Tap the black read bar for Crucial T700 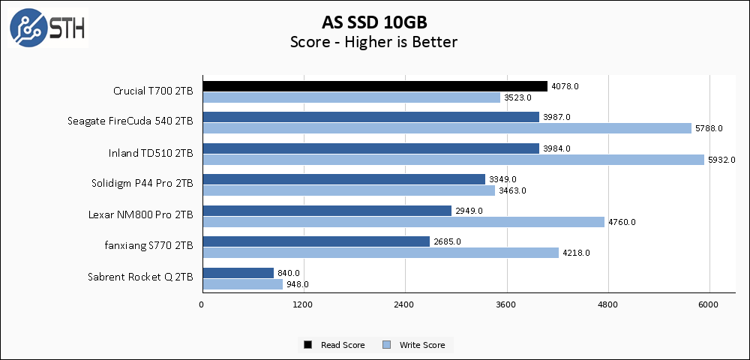pos(374,86)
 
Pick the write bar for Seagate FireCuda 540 pos(446,128)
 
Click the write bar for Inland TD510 pos(452,159)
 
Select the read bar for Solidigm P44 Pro pos(343,179)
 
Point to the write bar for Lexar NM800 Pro pos(403,222)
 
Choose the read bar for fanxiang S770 pos(315,241)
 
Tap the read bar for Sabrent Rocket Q pos(237,273)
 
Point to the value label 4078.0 pos(565,86)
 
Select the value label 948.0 pos(298,284)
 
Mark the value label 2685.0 pos(448,241)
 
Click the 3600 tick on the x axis pos(506,305)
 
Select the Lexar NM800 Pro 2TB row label pos(140,214)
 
